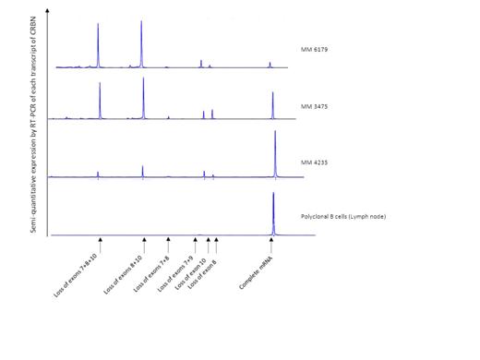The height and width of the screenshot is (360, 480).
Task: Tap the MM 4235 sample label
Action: [316, 162]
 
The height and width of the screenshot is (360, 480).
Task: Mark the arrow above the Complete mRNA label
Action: [271, 243]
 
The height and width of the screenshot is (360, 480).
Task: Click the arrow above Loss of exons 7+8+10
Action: [100, 243]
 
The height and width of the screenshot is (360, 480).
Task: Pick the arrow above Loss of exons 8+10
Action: [143, 243]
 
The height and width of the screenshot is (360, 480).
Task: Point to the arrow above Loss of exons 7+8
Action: [168, 243]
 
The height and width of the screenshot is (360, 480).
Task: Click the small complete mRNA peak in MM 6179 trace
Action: [270, 65]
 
